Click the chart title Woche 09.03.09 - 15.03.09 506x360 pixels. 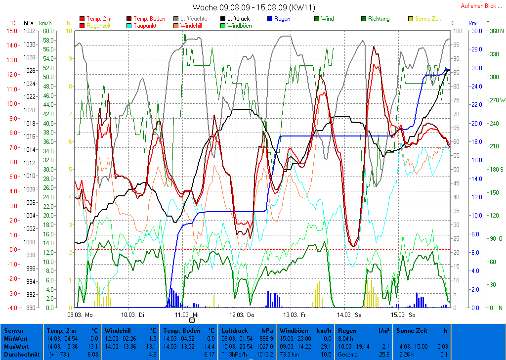[253, 7]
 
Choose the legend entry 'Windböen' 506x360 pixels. [239, 25]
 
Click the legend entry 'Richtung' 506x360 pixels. [379, 19]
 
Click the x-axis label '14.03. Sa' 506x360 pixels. [349, 314]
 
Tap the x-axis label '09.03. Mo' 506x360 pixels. [80, 314]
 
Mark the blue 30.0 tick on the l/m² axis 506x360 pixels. [476, 31]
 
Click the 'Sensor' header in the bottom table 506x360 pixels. [13, 330]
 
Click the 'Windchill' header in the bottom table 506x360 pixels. [117, 330]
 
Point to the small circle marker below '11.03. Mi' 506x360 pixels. [192, 320]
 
